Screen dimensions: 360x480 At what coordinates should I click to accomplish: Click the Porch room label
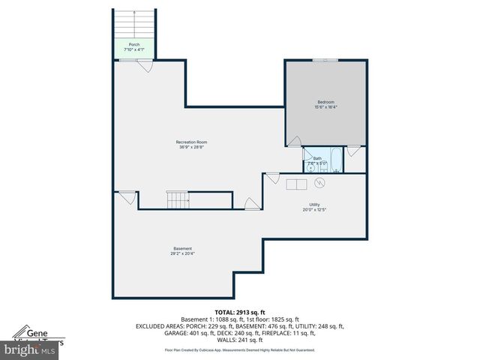(133, 44)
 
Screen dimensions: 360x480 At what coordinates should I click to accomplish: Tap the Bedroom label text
(325, 102)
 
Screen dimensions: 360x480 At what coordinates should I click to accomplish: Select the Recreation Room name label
(191, 142)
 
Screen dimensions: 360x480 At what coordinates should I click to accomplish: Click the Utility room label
(314, 204)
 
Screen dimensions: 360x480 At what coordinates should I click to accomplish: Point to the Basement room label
(182, 248)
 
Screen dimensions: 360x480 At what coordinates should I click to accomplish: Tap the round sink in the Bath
(310, 168)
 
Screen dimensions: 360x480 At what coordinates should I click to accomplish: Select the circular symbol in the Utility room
(319, 182)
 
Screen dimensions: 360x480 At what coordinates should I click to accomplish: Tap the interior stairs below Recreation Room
(178, 200)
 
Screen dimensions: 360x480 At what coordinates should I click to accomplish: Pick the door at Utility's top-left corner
(272, 178)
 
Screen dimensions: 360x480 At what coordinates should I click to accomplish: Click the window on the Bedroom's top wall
(325, 61)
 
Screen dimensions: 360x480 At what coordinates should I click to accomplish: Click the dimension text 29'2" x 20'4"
(182, 254)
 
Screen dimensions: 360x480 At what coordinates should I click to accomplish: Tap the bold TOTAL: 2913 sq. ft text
(240, 311)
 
